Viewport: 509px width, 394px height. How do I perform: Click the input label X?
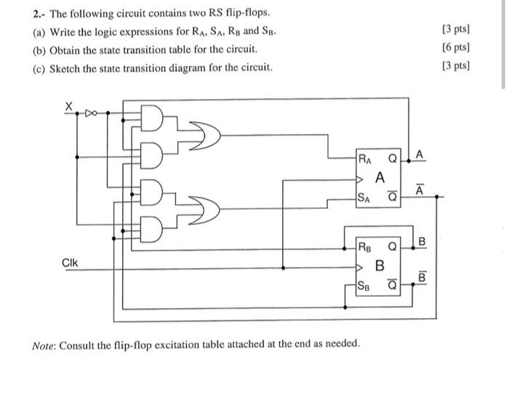69,106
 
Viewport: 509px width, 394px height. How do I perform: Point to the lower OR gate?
208,211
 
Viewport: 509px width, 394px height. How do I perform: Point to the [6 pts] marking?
455,48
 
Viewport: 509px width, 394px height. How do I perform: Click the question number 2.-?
39,14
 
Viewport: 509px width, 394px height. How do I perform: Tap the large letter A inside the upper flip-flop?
380,177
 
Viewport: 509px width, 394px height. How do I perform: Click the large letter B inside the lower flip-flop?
380,265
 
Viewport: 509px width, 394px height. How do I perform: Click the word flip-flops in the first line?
246,14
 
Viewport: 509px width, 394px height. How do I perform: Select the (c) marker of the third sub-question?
39,67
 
